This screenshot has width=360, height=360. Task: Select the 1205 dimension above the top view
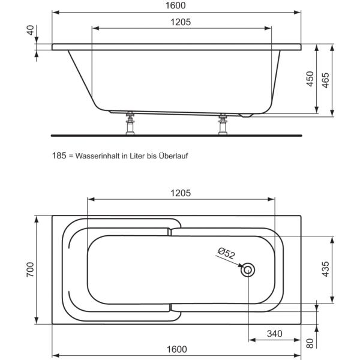click(x=180, y=193)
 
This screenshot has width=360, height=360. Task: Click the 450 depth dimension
click(x=310, y=79)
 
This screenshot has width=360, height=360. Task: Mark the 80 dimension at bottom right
click(x=310, y=344)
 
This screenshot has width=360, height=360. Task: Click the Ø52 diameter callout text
click(x=226, y=253)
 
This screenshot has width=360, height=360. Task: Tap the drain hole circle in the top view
click(x=248, y=270)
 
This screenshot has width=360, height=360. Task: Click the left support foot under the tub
click(x=129, y=124)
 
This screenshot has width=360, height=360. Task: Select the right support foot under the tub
click(x=223, y=124)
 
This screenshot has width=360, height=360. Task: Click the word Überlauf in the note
click(x=182, y=155)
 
